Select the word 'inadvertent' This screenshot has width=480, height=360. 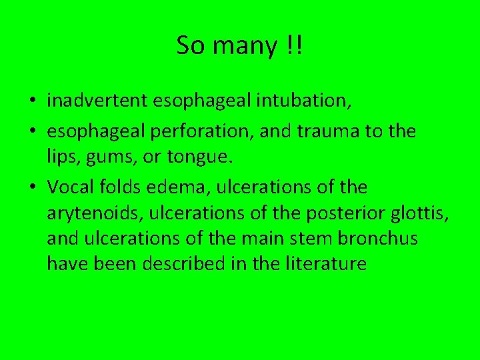pos(98,101)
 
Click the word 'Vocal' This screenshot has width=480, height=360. pos(69,188)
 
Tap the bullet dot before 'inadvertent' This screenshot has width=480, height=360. pos(32,101)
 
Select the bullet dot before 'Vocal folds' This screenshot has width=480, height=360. pos(32,189)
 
